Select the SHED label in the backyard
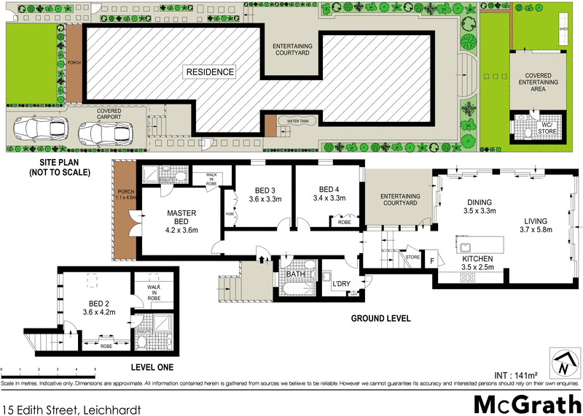563,29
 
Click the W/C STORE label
547,128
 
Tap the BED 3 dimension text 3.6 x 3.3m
264,198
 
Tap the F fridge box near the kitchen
432,261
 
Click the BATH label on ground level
295,275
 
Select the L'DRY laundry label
342,284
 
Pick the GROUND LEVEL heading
381,319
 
